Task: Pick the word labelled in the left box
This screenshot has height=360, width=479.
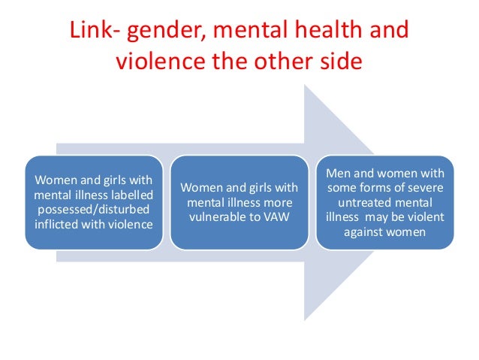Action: [131, 194]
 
